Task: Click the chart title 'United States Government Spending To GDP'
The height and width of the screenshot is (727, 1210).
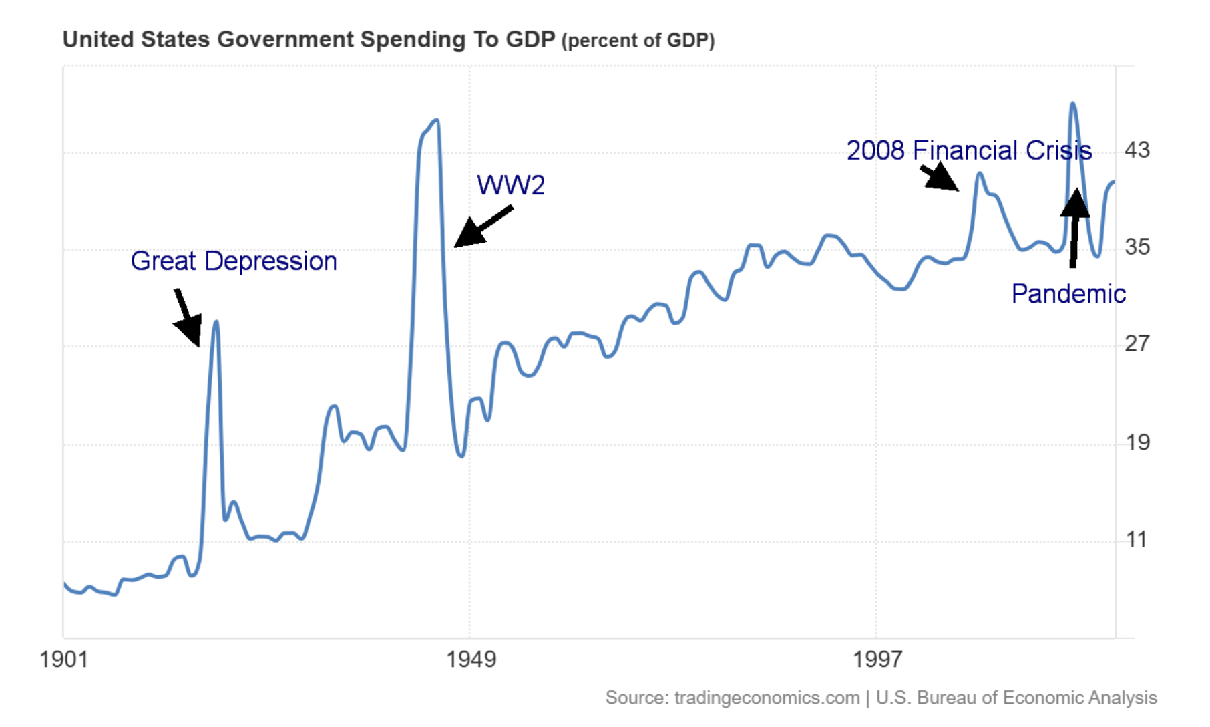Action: tap(309, 39)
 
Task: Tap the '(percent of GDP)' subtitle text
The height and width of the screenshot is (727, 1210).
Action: tap(638, 41)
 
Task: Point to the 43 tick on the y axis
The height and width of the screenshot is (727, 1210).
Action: tap(1137, 150)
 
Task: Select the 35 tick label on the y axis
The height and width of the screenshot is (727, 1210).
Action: tap(1137, 247)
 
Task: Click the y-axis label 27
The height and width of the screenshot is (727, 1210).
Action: tap(1137, 344)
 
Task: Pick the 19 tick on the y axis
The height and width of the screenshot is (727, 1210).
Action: tap(1137, 442)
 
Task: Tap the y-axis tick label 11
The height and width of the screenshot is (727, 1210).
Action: tap(1137, 539)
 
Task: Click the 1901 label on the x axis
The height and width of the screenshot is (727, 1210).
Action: tap(64, 660)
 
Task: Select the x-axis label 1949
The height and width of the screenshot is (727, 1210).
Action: tap(471, 660)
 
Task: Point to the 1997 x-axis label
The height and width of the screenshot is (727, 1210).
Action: tap(877, 660)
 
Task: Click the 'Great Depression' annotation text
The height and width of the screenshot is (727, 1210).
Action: tap(233, 261)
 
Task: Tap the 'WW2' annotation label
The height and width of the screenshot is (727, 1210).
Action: tap(510, 185)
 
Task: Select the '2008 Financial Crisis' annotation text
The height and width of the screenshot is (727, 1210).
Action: tap(969, 150)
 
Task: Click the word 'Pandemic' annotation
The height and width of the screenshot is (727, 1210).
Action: tap(1068, 294)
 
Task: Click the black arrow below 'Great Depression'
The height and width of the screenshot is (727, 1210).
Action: tap(188, 318)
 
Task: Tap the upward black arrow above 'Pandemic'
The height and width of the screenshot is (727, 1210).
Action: tap(1074, 227)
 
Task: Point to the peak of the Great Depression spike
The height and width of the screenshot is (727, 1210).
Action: tap(216, 322)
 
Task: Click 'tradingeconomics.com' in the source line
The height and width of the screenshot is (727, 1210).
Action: tap(767, 698)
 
